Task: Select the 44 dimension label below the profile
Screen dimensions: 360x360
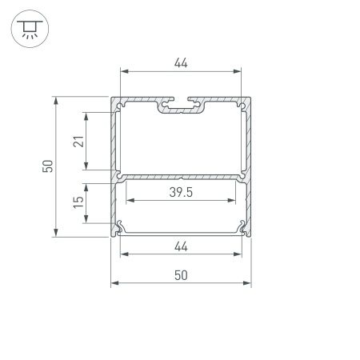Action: (x=181, y=246)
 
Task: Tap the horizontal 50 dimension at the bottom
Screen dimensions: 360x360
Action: (x=181, y=274)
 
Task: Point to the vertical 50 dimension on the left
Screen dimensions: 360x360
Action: (x=47, y=167)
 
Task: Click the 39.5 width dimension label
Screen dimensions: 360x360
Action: (x=181, y=192)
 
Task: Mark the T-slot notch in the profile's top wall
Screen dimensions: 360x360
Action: (x=181, y=105)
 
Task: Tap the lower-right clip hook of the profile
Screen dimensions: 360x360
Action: (x=242, y=228)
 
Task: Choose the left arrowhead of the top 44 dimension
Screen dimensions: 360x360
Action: (x=123, y=71)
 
